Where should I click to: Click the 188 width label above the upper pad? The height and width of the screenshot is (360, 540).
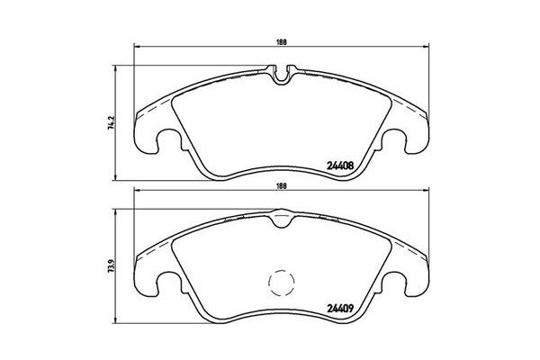(x=282, y=39)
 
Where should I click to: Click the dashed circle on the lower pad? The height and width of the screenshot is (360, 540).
(x=283, y=283)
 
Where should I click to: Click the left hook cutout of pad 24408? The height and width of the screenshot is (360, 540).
(x=161, y=141)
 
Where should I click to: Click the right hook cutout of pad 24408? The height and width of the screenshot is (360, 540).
(x=403, y=141)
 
